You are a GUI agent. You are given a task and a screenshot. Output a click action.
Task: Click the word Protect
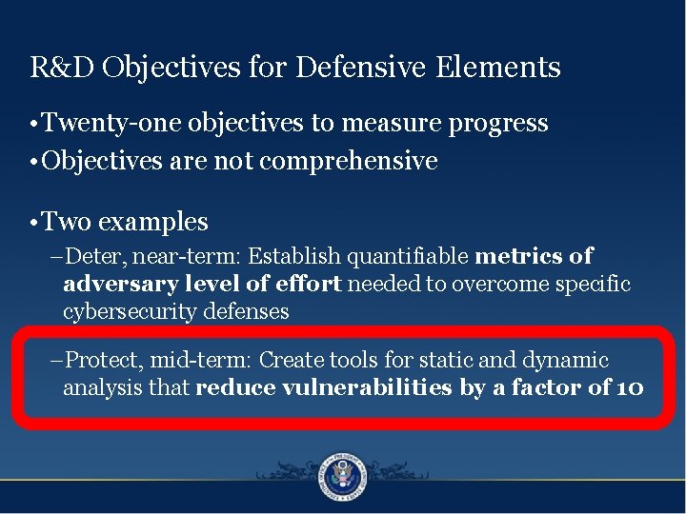click(97, 361)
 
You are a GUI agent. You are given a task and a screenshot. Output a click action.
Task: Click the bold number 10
click(628, 388)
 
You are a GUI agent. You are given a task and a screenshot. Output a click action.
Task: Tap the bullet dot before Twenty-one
click(33, 125)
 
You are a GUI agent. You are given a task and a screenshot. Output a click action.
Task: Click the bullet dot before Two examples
click(33, 224)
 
